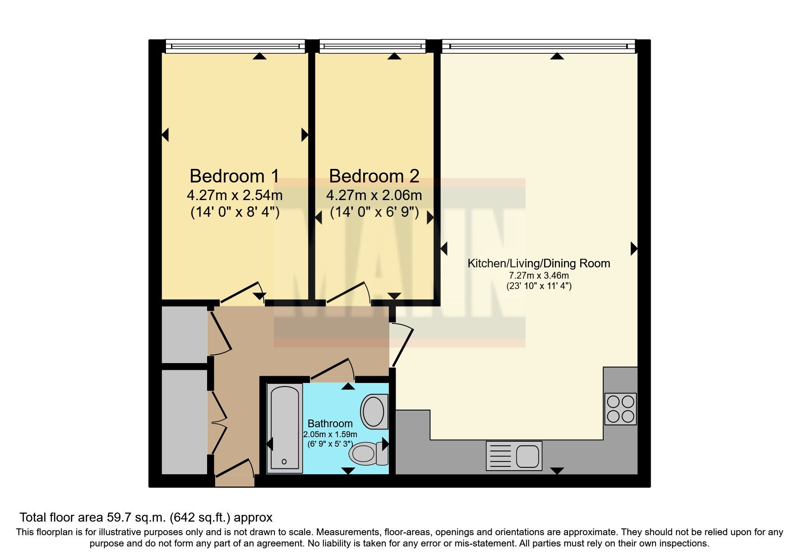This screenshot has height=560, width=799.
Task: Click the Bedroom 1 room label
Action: (234, 176)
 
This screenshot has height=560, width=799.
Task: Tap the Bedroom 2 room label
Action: (374, 176)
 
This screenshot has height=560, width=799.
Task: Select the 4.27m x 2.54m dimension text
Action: (235, 196)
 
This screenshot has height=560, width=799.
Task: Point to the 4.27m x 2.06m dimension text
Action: (374, 196)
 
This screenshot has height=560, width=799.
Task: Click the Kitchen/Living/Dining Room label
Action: (539, 264)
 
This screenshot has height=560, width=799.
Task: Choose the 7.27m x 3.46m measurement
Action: (539, 275)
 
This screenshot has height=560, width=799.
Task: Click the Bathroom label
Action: (330, 424)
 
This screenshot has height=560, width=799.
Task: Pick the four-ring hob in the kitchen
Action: (620, 409)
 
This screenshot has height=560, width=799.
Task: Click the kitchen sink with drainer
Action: (514, 456)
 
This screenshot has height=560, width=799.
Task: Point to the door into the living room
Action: (402, 345)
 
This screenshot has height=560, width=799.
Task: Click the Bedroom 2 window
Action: (372, 45)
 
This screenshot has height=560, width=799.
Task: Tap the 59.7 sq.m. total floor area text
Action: (146, 518)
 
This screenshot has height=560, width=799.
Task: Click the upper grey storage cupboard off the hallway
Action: (184, 334)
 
